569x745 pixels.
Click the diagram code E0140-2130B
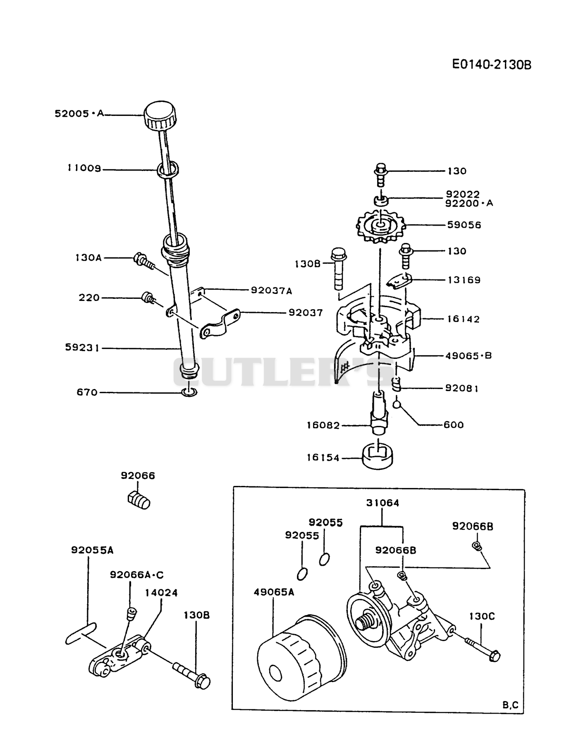pos(491,65)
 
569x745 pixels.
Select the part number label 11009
pos(84,169)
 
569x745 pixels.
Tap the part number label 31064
pos(383,503)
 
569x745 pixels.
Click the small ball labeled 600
pos(397,404)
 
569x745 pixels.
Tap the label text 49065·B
pos(468,356)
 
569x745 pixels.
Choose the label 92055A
pos(92,550)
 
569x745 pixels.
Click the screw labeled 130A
pos(143,261)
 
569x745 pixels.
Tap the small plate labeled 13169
pos(399,281)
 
